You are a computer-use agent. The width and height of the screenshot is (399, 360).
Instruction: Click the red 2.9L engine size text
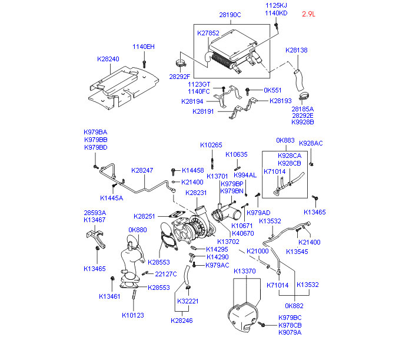coord(308,14)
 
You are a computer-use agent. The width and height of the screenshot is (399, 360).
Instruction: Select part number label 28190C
coord(230,15)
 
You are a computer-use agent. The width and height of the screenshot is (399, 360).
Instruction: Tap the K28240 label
coord(108,59)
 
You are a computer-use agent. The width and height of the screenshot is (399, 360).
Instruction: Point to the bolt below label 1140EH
coord(144,64)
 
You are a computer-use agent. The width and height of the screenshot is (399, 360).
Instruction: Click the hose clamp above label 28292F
coord(181,63)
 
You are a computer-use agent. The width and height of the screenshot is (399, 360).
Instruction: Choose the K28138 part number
coord(297,50)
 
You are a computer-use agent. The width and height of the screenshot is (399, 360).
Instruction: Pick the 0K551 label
coord(272,90)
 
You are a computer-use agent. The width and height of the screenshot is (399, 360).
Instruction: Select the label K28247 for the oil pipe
coord(142,170)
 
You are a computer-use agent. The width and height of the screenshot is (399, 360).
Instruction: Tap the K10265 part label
coord(211,145)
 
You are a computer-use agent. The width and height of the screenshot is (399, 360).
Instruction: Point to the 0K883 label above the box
coord(285,140)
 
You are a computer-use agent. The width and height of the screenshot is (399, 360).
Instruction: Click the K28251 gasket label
coord(144,216)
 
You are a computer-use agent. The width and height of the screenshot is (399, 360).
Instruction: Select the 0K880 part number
coord(138,230)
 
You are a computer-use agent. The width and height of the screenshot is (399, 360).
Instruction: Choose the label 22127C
coord(166,274)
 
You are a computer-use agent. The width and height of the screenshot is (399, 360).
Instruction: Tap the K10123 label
coord(133,315)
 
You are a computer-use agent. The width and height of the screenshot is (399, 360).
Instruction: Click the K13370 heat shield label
coord(245,271)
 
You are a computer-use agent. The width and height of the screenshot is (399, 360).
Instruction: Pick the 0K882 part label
coord(294,306)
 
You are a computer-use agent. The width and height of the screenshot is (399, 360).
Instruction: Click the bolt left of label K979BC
coord(262,324)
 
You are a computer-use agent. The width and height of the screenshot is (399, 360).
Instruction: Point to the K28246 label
coord(182,321)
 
